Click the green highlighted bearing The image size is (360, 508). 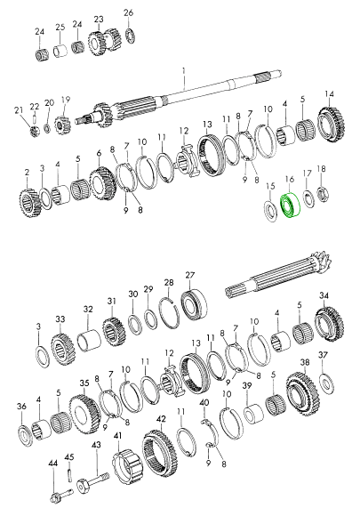[290, 206]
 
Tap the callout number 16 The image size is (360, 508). [290, 179]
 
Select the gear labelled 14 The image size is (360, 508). [331, 124]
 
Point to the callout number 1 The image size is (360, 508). [184, 70]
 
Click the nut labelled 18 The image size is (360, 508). [323, 193]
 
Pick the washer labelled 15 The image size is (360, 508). [270, 212]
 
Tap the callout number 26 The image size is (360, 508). [128, 13]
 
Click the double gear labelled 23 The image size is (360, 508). [105, 41]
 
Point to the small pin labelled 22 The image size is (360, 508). [35, 117]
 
